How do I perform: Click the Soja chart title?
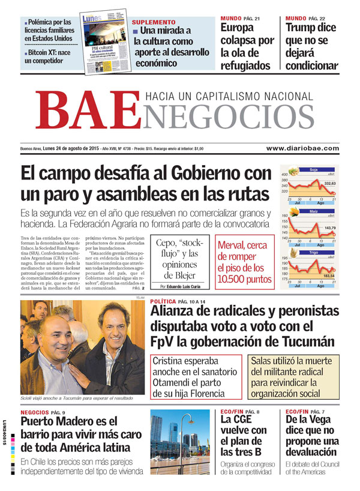313,170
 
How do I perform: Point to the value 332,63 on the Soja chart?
329,183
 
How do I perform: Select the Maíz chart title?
313,211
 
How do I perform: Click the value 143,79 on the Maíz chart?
329,228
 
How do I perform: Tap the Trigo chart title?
313,253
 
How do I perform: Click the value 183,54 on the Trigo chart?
328,275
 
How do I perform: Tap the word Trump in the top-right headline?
301,27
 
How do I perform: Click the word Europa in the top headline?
237,27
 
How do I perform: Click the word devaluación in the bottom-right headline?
311,452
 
